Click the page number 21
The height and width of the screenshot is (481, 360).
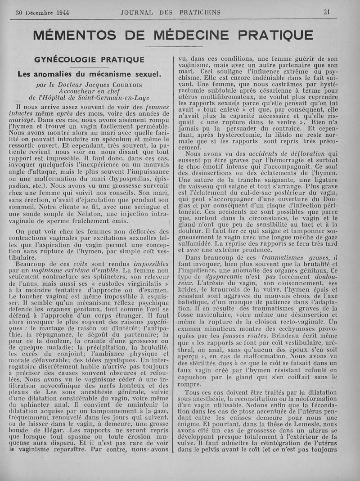[327, 12]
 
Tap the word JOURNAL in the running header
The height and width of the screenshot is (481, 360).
[136, 12]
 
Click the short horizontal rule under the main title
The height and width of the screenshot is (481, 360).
[167, 46]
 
